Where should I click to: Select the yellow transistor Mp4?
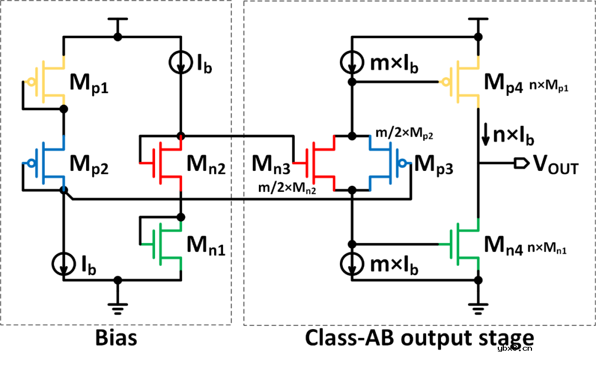(x=466, y=82)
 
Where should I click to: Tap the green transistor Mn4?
(x=466, y=243)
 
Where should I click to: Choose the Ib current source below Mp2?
(x=64, y=263)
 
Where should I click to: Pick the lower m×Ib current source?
(x=352, y=263)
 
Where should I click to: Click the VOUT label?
(x=555, y=164)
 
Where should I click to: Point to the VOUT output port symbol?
(x=519, y=163)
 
